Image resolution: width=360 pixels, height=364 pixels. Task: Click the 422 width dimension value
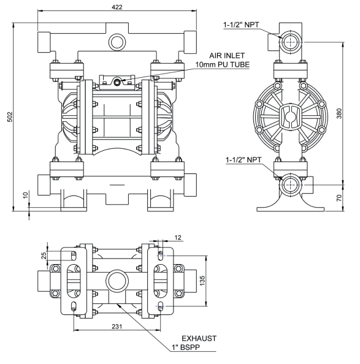[115, 6]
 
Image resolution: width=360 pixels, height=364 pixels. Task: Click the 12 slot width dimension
[178, 237]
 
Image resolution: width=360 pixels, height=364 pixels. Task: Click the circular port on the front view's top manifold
[115, 42]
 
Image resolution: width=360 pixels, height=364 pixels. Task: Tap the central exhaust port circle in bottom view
[115, 281]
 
